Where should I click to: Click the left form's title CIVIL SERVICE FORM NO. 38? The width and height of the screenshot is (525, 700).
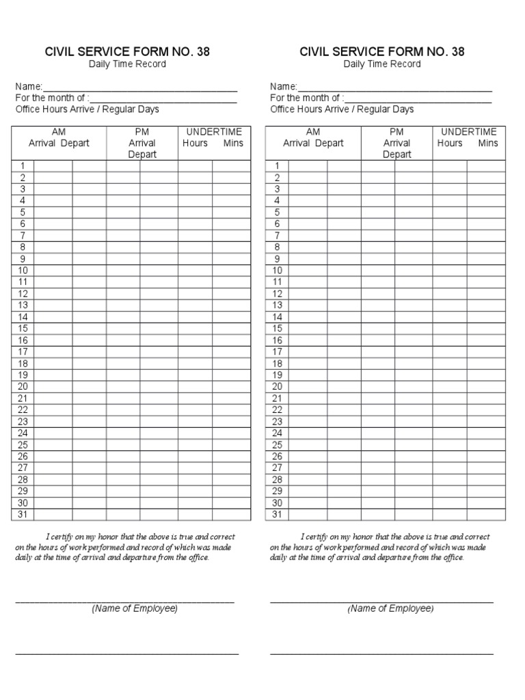click(x=127, y=52)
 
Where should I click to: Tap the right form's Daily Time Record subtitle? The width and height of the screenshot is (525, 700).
click(x=382, y=64)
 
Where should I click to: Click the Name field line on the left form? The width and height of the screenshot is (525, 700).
click(x=140, y=88)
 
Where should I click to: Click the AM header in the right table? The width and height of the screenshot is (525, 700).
click(x=313, y=131)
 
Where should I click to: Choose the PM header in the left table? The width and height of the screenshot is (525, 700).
click(x=142, y=131)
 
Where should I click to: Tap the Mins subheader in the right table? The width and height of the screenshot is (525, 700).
click(x=488, y=143)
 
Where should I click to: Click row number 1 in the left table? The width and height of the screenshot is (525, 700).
click(x=23, y=165)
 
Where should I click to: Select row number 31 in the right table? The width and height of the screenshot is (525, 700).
click(x=278, y=515)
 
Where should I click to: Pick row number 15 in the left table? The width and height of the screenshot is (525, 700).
click(x=23, y=329)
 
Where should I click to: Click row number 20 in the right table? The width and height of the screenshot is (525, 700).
click(x=278, y=387)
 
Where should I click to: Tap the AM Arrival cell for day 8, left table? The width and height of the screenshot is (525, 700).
click(x=53, y=247)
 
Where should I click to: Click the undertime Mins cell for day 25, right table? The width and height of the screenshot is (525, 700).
click(x=486, y=445)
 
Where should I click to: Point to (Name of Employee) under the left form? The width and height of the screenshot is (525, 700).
click(x=135, y=608)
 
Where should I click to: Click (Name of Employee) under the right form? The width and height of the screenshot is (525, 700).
click(x=390, y=608)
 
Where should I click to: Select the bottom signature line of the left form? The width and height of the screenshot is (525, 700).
click(x=127, y=654)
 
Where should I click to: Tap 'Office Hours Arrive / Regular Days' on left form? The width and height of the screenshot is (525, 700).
click(x=87, y=109)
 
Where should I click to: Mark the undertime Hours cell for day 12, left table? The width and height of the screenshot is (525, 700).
click(x=195, y=294)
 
